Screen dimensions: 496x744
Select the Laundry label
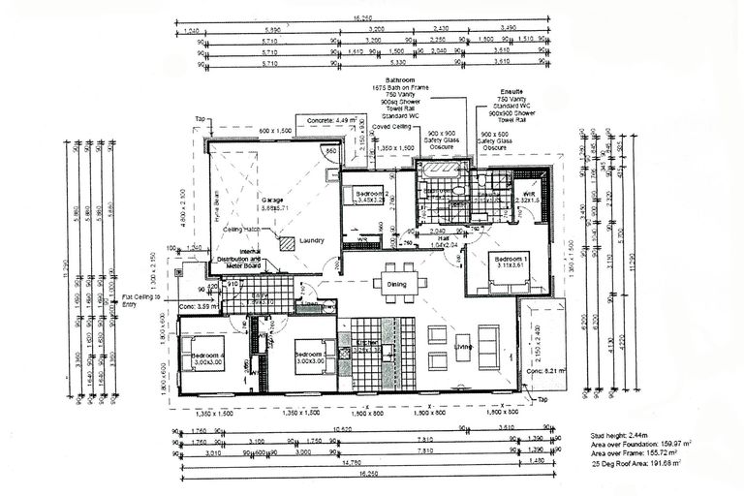point(312,240)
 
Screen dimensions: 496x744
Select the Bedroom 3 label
point(310,356)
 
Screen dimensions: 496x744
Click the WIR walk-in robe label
point(528,194)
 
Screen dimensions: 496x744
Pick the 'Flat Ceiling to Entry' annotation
point(142,301)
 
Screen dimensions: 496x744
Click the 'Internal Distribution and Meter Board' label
point(238,255)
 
